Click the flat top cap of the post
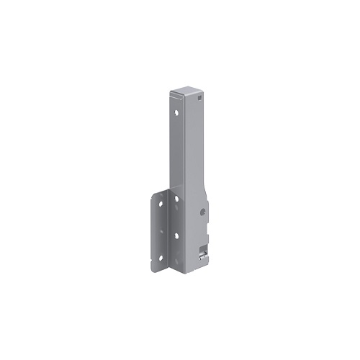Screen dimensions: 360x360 [186, 93]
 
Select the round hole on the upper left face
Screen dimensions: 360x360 [176, 112]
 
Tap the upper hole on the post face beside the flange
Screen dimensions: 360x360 [176, 199]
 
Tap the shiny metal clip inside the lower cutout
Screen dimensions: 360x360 [203, 256]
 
